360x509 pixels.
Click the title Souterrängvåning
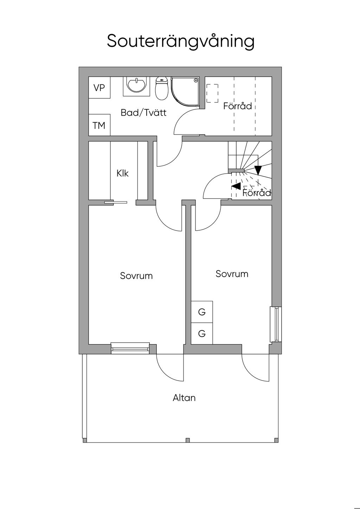pos(180,42)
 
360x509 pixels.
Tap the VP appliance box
pos(99,88)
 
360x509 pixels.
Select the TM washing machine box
pos(99,125)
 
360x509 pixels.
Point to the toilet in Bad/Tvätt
pos(161,88)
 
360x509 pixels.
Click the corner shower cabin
pos(185,92)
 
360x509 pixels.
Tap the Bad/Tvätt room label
pos(143,113)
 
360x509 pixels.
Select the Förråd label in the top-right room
pos(238,106)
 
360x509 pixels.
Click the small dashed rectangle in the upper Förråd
pos(212,94)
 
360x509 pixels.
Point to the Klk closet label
pos(122,173)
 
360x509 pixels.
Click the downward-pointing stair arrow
pos(258,170)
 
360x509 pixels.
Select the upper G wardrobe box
pos(202,312)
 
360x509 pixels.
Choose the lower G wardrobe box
pos(202,333)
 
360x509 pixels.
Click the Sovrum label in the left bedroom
pos(136,276)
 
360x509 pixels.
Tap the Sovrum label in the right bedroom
pos(232,274)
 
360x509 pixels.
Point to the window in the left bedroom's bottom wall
pos(130,348)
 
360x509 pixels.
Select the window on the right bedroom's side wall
pos(276,324)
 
